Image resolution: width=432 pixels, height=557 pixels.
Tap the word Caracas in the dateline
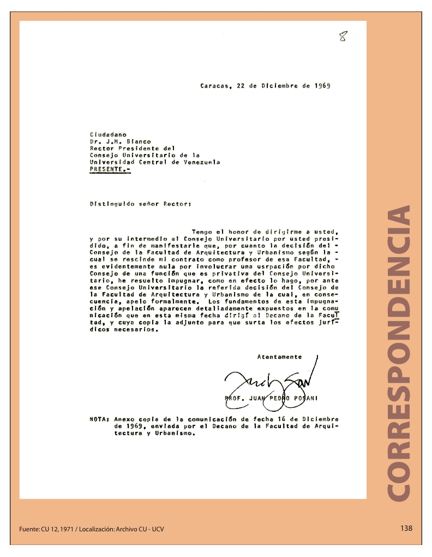click(x=214, y=86)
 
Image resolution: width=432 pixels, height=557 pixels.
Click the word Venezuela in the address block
click(x=201, y=162)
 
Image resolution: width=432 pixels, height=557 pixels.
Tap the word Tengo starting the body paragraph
click(x=202, y=232)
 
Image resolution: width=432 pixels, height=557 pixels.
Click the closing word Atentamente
click(x=279, y=357)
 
